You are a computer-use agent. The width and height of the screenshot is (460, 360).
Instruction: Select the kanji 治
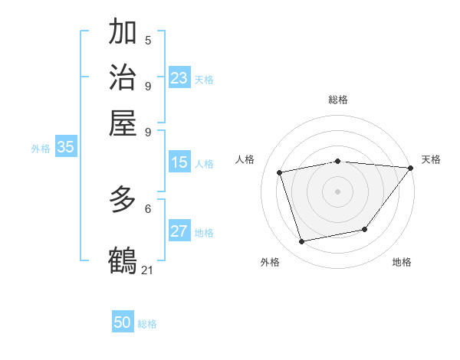click(x=123, y=77)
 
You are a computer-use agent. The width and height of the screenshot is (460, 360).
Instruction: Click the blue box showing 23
click(x=179, y=78)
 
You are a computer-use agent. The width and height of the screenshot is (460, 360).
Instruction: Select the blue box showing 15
click(x=179, y=162)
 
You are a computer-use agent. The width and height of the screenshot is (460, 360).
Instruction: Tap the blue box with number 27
click(x=179, y=232)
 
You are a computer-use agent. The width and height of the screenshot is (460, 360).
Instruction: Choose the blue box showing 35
click(x=65, y=148)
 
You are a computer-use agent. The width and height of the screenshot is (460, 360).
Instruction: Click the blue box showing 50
click(x=123, y=322)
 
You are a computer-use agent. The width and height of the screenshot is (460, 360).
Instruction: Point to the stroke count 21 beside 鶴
click(x=148, y=270)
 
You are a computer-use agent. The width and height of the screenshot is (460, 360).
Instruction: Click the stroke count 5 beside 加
click(x=148, y=41)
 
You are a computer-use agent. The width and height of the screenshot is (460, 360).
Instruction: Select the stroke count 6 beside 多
click(x=148, y=208)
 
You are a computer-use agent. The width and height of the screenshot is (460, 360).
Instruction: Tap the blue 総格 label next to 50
click(x=147, y=324)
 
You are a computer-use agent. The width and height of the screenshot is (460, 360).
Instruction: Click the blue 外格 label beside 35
click(x=40, y=149)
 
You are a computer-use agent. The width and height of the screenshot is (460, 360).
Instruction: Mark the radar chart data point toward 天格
click(x=410, y=168)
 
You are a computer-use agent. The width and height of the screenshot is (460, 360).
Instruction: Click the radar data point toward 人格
click(x=280, y=172)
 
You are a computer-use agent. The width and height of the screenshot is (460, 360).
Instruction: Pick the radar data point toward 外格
click(x=302, y=242)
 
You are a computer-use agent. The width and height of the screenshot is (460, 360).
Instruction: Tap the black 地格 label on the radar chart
click(x=402, y=262)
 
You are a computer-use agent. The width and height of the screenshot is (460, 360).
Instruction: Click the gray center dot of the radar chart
click(x=337, y=191)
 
